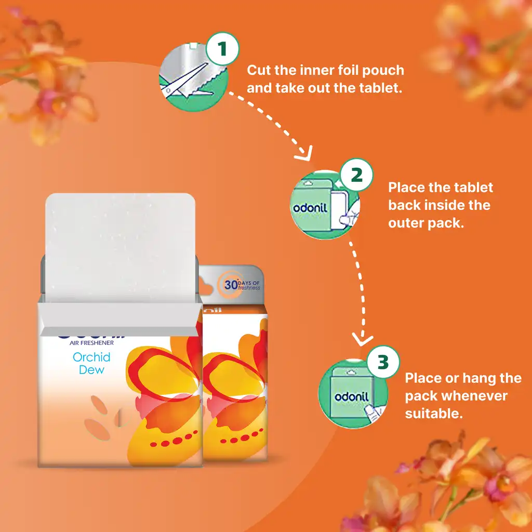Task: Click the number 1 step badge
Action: (222, 50)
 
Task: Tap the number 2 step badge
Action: (356, 175)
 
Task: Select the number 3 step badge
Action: (383, 362)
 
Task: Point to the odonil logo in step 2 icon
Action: (310, 208)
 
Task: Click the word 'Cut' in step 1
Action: (258, 70)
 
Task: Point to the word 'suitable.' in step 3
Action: (434, 414)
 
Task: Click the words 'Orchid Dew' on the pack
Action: (91, 363)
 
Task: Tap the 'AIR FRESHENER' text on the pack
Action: (91, 343)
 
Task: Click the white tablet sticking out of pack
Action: (119, 244)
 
